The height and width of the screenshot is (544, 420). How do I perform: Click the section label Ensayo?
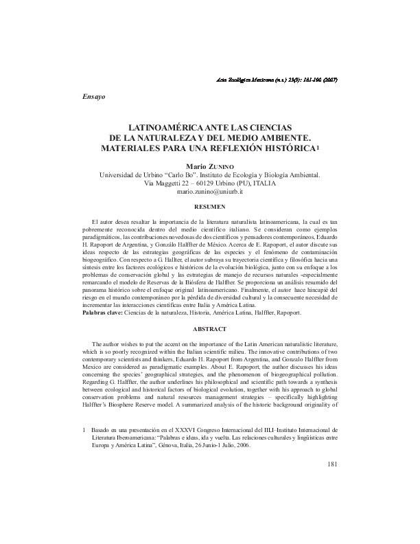click(x=93, y=98)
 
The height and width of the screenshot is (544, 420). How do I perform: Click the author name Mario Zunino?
click(x=210, y=166)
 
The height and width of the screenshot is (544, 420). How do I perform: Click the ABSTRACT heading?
click(x=210, y=328)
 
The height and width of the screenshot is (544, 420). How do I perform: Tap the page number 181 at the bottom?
click(x=332, y=465)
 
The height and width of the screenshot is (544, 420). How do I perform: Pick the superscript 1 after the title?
click(x=318, y=147)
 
